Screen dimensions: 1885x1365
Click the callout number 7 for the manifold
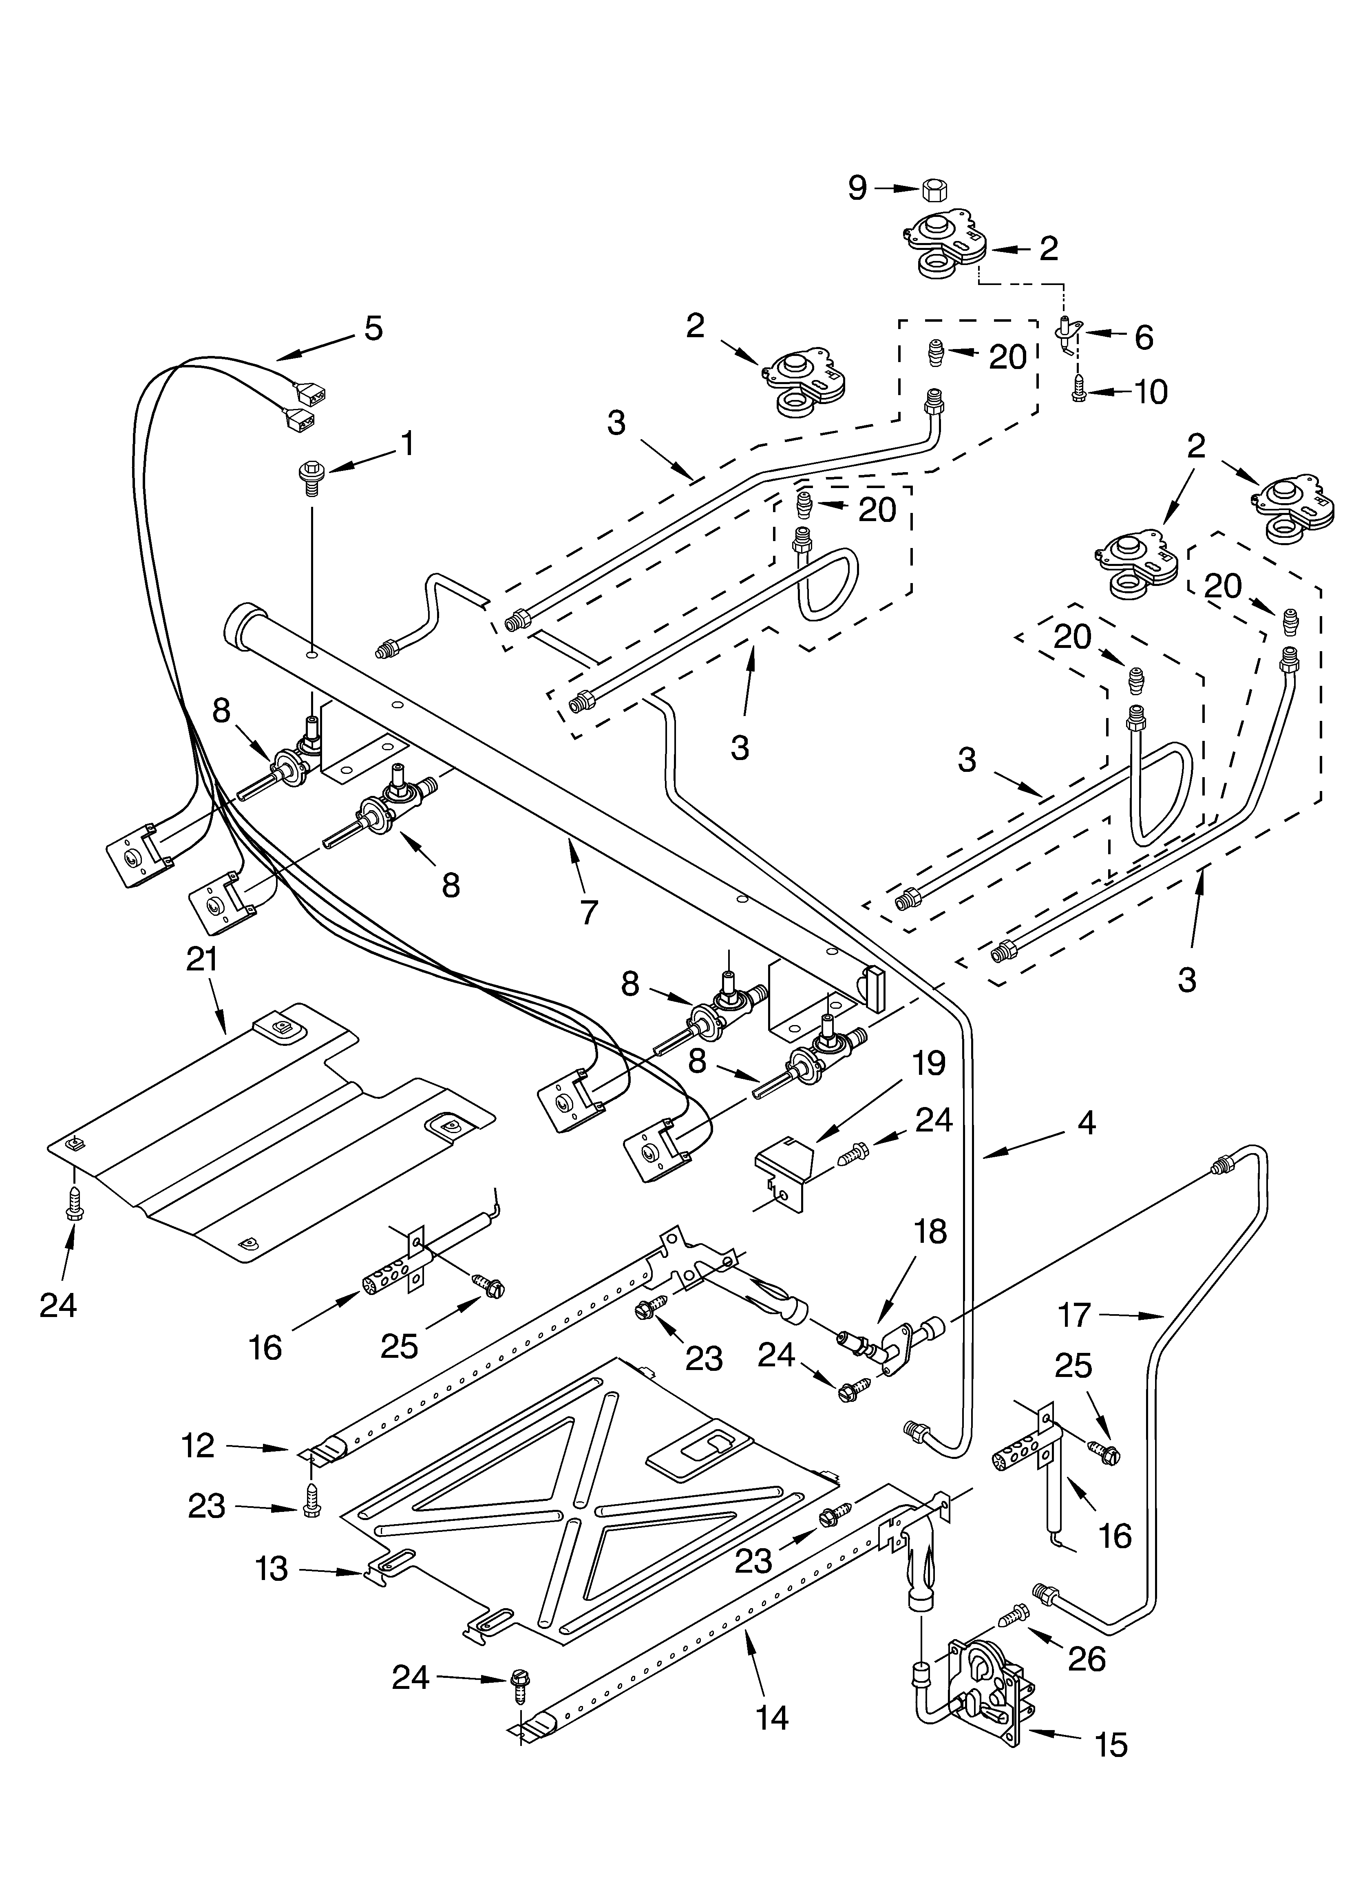pyautogui.click(x=589, y=913)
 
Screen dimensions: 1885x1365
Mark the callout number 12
pyautogui.click(x=199, y=1447)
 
